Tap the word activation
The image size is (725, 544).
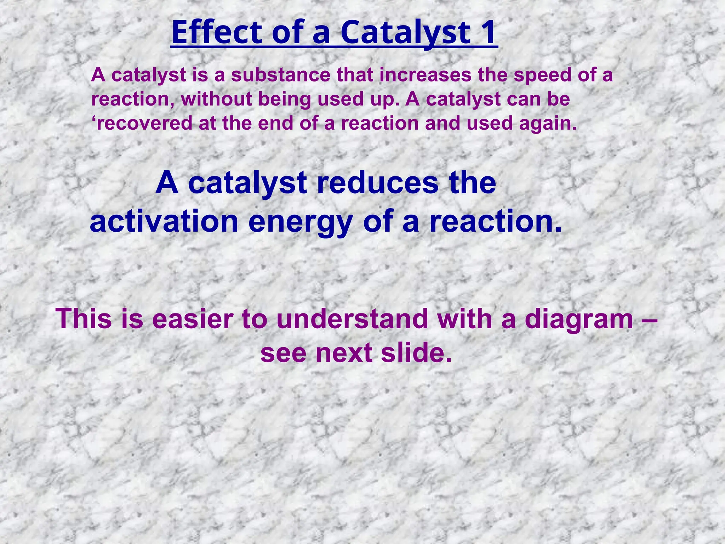tap(164, 222)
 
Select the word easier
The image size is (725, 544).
tap(193, 319)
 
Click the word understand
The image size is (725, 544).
tap(353, 319)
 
